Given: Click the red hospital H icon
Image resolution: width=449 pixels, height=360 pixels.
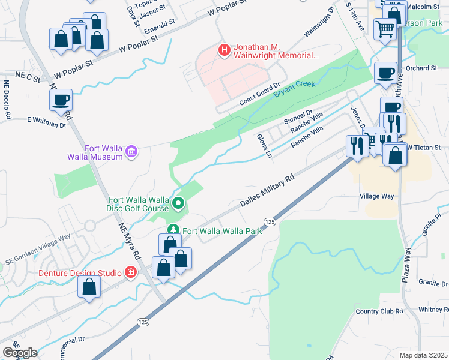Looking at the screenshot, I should [224, 50].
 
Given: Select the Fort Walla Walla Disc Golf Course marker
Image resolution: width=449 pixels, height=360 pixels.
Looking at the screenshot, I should [178, 204].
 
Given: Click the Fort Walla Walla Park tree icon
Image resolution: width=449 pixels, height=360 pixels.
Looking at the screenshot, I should [173, 230].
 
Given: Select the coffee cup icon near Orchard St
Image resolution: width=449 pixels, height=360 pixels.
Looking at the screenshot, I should [385, 73].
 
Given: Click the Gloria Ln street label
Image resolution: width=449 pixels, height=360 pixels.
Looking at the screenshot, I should [265, 145].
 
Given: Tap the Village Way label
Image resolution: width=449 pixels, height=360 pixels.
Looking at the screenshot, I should [376, 196].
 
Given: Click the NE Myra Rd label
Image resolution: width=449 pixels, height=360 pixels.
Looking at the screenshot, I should [129, 240].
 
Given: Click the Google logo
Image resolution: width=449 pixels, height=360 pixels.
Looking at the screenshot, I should [20, 352].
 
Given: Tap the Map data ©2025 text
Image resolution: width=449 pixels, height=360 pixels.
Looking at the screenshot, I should [423, 355].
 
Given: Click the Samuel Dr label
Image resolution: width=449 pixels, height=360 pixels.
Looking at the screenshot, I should [298, 113].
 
